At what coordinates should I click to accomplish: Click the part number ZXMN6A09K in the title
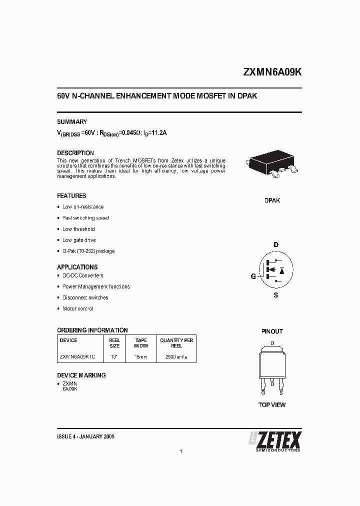pos(272,72)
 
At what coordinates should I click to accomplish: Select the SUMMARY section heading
pos(72,122)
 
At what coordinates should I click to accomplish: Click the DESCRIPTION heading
pos(75,153)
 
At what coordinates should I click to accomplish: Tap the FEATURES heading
pos(71,196)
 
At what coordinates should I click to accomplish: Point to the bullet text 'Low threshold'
pos(78,229)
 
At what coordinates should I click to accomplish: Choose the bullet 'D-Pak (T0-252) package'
pos(88,251)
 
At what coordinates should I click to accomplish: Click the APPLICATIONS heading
pos(77,267)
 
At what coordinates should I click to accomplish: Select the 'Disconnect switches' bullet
pos(85,297)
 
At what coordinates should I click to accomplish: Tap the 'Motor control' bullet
pos(77,308)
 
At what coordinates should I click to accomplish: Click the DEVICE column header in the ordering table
pos(68,340)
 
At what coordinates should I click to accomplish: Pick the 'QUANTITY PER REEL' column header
pos(176,343)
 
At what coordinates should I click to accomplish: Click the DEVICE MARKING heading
pos(81,375)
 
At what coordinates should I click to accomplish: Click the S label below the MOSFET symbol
pos(275,295)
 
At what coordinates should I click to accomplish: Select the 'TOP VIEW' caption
pos(272,404)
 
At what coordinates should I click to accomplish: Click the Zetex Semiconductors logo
pos(275,440)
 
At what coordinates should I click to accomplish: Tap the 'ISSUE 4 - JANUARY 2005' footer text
pos(86,436)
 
